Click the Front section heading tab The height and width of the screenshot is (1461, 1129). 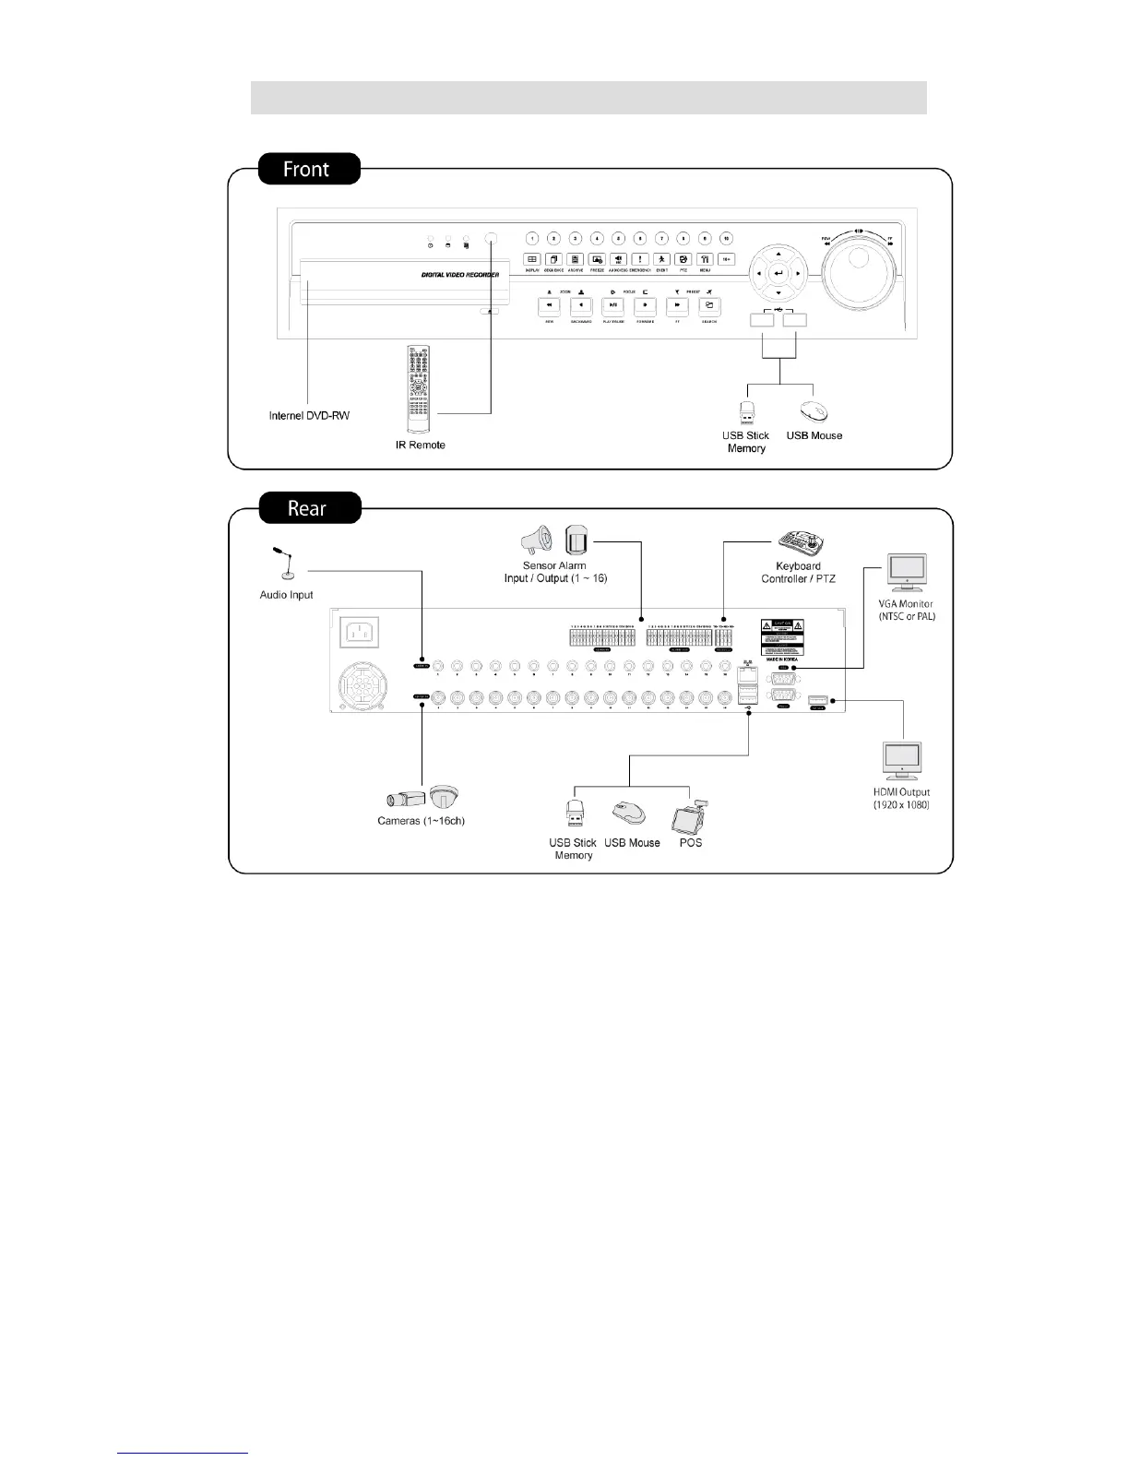[x=306, y=170]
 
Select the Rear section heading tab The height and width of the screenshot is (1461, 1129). [x=307, y=508]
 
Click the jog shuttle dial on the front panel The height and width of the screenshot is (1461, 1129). [x=859, y=274]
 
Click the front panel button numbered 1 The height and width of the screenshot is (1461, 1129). [x=531, y=239]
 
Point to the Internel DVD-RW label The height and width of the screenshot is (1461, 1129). [x=309, y=416]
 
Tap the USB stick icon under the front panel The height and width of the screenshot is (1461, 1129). [x=746, y=411]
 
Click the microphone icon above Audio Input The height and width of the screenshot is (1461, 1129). [x=285, y=563]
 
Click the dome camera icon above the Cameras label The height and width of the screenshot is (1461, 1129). [x=444, y=797]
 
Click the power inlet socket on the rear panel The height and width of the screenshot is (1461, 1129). [x=360, y=632]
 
